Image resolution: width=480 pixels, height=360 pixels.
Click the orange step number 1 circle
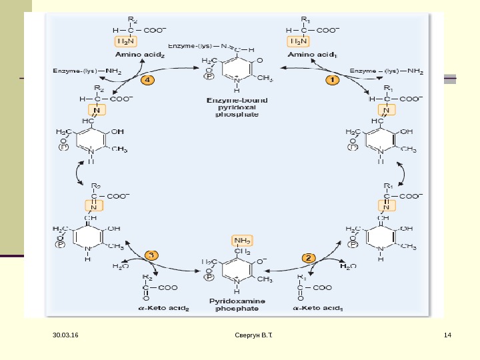(x=332, y=79)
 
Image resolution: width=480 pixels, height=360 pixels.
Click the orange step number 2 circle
(x=309, y=257)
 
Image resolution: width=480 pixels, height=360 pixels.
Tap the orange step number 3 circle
(x=152, y=255)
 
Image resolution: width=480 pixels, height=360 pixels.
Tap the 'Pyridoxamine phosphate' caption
(x=237, y=305)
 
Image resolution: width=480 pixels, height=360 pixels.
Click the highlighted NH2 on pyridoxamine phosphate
(x=241, y=241)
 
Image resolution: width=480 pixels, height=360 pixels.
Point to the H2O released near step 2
(x=348, y=267)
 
